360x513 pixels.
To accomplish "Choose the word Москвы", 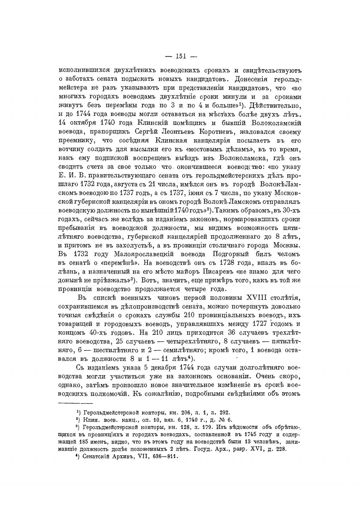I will pyautogui.click(x=288, y=246).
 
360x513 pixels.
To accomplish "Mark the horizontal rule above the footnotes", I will pyautogui.click(x=76, y=403).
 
